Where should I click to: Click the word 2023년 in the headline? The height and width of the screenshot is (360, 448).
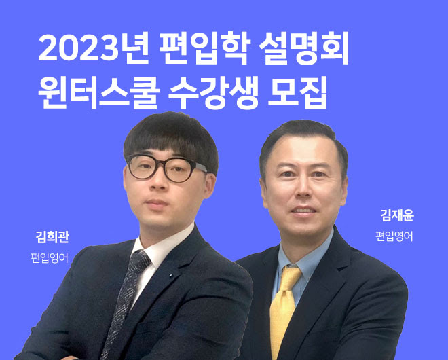(94, 48)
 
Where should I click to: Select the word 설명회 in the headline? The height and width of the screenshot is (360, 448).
(304, 48)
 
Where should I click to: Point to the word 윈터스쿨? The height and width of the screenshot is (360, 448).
(98, 92)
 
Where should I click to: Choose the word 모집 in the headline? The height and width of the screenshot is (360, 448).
(297, 92)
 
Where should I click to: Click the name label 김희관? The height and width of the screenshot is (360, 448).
(52, 237)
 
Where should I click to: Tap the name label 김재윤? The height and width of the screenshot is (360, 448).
(397, 215)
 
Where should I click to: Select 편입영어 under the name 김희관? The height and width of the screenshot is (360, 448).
(50, 258)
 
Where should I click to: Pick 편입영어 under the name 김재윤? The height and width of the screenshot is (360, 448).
(394, 236)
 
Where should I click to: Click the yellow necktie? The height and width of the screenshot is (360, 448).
(283, 309)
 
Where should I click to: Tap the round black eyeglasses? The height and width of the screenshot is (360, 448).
(166, 168)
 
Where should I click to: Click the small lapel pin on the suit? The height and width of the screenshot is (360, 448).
(170, 276)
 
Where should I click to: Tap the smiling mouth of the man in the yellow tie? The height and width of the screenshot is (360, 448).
(303, 211)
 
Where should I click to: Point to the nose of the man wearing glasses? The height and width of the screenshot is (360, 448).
(158, 183)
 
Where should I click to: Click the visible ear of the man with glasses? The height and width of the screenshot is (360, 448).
(210, 185)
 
